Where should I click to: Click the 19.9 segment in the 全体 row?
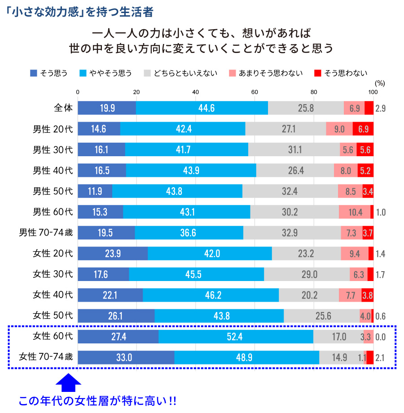click(107, 108)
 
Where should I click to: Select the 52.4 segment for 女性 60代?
click(236, 336)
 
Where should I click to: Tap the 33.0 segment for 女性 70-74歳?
click(126, 357)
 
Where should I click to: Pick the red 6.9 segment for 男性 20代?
click(363, 129)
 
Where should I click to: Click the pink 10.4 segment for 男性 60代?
click(355, 212)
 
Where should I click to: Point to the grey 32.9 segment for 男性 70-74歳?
click(292, 233)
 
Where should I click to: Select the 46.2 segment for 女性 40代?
click(211, 295)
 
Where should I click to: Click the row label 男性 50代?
click(53, 191)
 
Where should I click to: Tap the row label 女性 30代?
click(53, 274)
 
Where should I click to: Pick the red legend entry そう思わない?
click(341, 73)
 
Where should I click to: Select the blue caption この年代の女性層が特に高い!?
click(97, 401)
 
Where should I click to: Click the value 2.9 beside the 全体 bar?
click(381, 108)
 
